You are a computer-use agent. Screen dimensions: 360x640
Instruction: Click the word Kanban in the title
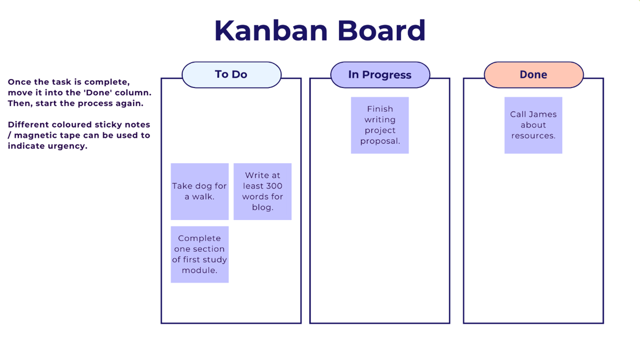271,31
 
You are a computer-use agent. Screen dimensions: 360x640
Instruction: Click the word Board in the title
381,31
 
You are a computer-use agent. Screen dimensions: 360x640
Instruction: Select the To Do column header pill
231,75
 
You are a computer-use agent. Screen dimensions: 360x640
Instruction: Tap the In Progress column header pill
380,75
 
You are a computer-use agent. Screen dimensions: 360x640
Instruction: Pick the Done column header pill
533,75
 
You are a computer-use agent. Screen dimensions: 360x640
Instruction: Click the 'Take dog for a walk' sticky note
199,191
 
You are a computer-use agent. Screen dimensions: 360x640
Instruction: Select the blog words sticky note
262,191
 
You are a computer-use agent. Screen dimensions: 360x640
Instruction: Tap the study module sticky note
199,254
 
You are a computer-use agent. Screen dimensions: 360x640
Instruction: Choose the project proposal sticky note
380,125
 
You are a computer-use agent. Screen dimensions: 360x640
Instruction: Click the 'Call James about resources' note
533,125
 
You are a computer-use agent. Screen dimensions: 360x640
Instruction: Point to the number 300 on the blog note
274,186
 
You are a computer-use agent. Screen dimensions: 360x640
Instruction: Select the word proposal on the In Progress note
380,141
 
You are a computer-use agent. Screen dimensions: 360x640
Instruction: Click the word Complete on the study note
199,238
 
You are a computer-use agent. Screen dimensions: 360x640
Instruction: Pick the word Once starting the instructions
19,82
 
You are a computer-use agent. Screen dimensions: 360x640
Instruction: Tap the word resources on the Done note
533,136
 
